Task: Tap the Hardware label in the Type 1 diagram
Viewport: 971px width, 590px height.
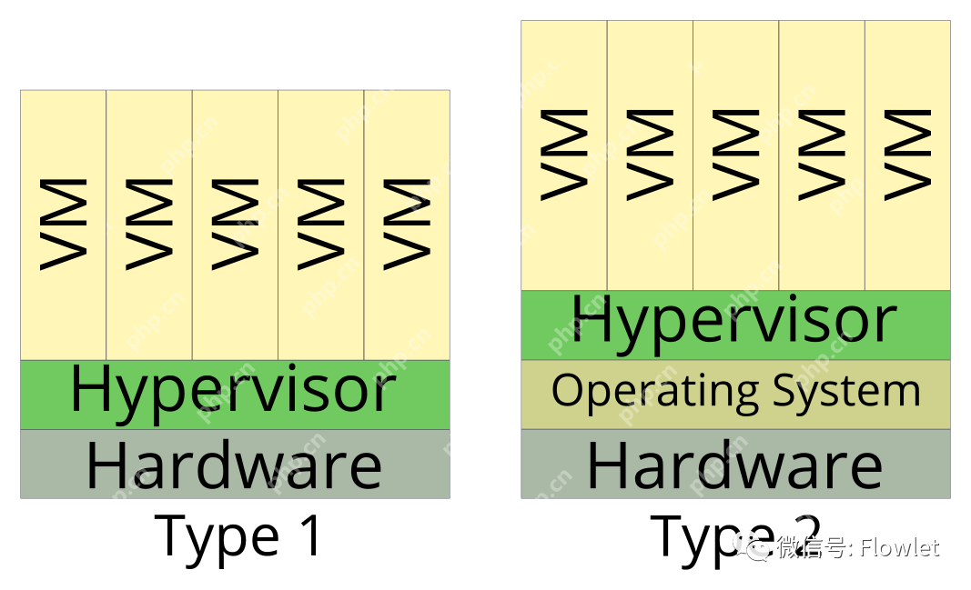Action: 234,465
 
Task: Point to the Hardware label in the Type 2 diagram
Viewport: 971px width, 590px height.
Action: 734,465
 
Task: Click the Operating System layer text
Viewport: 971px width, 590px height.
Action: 735,392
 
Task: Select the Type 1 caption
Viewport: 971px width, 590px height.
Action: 239,535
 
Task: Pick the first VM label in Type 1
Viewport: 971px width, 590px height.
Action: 64,224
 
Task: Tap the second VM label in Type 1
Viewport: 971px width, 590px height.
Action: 149,224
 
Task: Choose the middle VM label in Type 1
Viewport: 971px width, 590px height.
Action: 235,224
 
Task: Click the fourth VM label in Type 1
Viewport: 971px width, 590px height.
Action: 320,224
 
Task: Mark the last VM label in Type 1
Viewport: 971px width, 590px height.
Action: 406,224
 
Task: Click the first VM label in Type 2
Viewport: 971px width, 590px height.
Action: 564,154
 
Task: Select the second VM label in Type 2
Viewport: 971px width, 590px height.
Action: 650,154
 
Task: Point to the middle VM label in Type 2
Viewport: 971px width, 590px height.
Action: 735,154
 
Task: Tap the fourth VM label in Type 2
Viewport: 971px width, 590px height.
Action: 821,154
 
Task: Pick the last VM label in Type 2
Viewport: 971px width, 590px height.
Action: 906,154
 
